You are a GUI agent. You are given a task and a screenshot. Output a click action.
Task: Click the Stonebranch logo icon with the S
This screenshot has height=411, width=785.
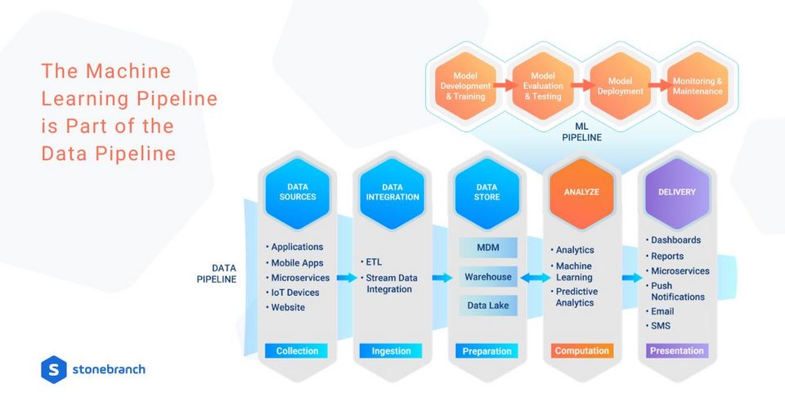pos(54,369)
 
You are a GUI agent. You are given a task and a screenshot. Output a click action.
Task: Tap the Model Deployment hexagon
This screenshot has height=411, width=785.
pos(621,86)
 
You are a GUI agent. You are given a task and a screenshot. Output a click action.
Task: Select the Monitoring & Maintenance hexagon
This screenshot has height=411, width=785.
pos(698,86)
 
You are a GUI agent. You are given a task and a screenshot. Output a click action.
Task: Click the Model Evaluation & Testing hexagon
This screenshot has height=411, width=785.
pos(543,86)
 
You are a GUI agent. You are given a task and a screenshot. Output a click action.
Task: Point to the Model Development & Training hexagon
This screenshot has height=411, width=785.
pos(465,86)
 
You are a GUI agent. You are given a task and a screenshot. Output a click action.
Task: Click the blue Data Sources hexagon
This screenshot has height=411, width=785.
pos(298,193)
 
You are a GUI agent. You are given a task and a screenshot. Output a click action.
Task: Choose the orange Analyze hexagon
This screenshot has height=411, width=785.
pos(581,193)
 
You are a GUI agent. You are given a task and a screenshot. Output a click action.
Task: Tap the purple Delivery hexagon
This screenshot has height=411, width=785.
pos(677,193)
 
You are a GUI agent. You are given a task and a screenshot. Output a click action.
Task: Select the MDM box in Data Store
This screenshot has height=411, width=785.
pos(488,248)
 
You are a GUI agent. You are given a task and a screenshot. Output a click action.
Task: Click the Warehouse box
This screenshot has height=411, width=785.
pos(488,277)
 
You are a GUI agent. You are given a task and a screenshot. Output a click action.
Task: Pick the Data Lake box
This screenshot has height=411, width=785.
pos(488,306)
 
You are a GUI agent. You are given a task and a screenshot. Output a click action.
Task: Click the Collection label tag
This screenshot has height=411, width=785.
pos(296,351)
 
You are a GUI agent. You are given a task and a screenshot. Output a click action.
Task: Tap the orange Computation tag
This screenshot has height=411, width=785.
pos(581,351)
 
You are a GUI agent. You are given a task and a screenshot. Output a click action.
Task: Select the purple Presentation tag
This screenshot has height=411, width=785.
pos(677,351)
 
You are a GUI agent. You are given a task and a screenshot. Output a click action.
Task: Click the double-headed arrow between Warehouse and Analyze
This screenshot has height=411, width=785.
pos(535,278)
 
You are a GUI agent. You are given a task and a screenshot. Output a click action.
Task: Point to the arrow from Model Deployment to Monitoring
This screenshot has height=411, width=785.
pos(659,86)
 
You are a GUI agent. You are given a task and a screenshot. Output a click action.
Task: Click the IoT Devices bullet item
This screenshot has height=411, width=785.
pos(293,293)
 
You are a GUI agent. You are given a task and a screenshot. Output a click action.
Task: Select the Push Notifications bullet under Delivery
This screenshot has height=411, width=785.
pos(675,291)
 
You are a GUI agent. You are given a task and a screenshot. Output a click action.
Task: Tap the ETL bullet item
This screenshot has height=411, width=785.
pos(371,262)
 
